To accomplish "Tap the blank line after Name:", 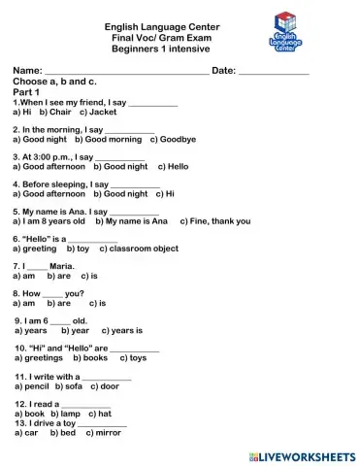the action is point(126,74).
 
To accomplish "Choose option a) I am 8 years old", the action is point(49,221).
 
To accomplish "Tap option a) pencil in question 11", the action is point(36,385).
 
